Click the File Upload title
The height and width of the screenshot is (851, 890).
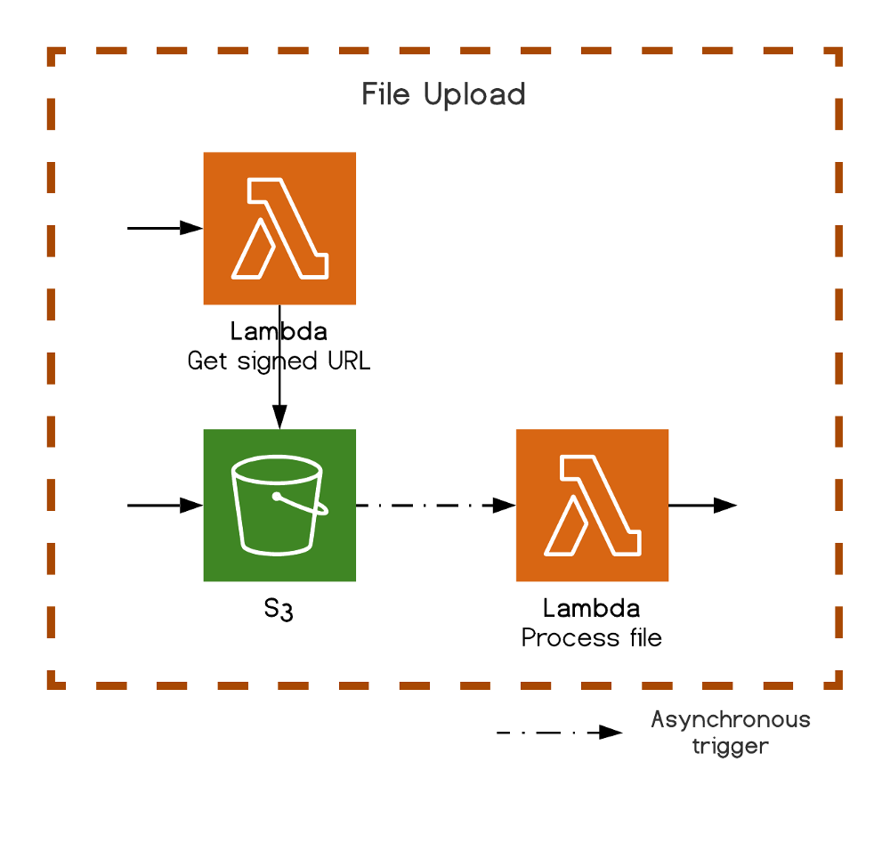[443, 94]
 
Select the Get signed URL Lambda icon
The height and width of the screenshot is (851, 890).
[279, 228]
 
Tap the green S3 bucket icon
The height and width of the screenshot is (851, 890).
[279, 505]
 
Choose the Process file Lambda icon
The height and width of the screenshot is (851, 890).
[592, 505]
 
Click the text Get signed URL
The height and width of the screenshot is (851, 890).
[279, 361]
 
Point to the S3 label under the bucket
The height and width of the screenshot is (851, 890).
[279, 611]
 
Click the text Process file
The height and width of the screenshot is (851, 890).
[591, 638]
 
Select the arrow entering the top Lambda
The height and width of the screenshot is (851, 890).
[166, 228]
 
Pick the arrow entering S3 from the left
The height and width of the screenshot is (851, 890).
[166, 505]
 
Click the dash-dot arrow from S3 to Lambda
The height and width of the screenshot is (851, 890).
[435, 505]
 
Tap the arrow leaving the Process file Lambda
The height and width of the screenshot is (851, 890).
[702, 505]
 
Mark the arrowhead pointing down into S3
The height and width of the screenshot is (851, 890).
[279, 417]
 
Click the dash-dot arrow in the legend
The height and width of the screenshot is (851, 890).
[559, 733]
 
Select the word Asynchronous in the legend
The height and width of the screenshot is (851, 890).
[730, 719]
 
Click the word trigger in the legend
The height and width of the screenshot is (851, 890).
[730, 746]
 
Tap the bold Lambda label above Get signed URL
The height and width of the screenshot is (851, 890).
[279, 333]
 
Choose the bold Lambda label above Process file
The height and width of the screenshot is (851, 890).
[591, 610]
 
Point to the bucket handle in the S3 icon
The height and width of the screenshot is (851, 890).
[303, 505]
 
